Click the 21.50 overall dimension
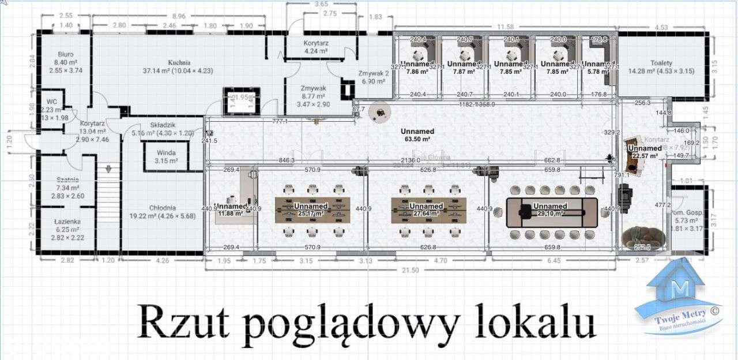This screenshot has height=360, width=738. pyautogui.click(x=410, y=270)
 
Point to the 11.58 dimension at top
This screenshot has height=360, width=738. pyautogui.click(x=506, y=27)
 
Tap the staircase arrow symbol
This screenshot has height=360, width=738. pyautogui.click(x=108, y=168)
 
